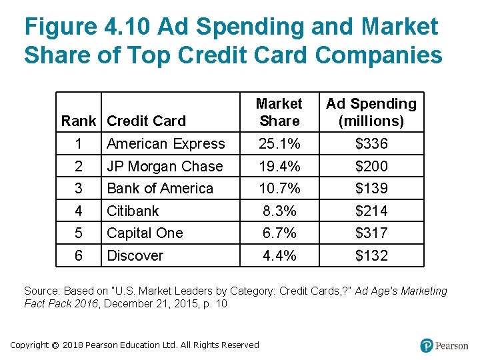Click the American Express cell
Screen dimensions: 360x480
[166, 144]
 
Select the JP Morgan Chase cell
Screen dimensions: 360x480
[165, 167]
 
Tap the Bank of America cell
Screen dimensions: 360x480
[160, 189]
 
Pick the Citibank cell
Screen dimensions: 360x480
[133, 211]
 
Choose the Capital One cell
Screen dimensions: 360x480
[145, 233]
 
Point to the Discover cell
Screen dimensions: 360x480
[135, 256]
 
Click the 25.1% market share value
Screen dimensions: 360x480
[279, 144]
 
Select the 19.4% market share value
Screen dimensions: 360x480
[279, 167]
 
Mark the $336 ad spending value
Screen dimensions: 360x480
[371, 144]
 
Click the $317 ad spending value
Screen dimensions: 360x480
[371, 233]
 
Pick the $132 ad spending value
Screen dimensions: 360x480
[371, 256]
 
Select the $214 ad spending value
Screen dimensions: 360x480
[371, 211]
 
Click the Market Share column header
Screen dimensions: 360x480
[279, 112]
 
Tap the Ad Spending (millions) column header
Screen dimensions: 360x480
[371, 112]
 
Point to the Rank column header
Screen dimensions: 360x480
[78, 121]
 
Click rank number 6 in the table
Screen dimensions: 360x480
[78, 256]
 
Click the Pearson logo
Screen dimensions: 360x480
[444, 345]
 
